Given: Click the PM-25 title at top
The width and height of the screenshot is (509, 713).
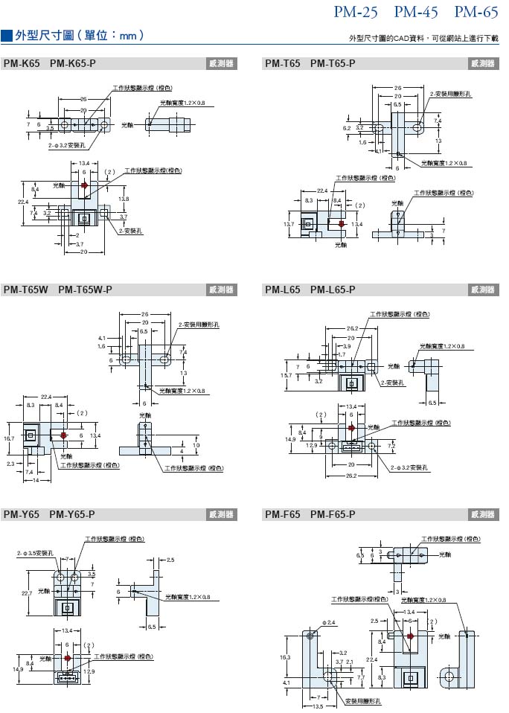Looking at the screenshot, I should (356, 12).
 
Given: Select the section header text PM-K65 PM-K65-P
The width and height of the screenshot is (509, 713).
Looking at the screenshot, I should (49, 64).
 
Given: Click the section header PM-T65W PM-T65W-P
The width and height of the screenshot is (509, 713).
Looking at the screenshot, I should (57, 290).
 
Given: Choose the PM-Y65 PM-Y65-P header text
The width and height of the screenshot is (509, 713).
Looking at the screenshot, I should (49, 514).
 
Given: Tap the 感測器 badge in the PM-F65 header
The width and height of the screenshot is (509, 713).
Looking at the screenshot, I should (483, 514).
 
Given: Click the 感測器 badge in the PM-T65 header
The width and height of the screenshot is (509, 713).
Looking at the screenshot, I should (483, 64).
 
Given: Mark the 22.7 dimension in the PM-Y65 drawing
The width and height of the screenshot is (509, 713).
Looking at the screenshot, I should (26, 593).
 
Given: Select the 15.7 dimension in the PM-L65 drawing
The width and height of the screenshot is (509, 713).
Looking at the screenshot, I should (286, 376).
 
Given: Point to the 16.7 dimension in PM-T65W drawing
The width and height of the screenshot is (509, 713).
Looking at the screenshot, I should (10, 439).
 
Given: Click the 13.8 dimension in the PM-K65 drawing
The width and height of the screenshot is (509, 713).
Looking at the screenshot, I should (124, 199).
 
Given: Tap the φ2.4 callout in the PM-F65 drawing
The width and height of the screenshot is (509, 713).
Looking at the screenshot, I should (328, 621).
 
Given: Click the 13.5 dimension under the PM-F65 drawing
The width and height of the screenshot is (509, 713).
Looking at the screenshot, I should (317, 708).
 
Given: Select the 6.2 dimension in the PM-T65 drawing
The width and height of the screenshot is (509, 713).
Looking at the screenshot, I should (347, 129).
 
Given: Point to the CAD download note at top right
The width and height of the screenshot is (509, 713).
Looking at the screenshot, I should (425, 38).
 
